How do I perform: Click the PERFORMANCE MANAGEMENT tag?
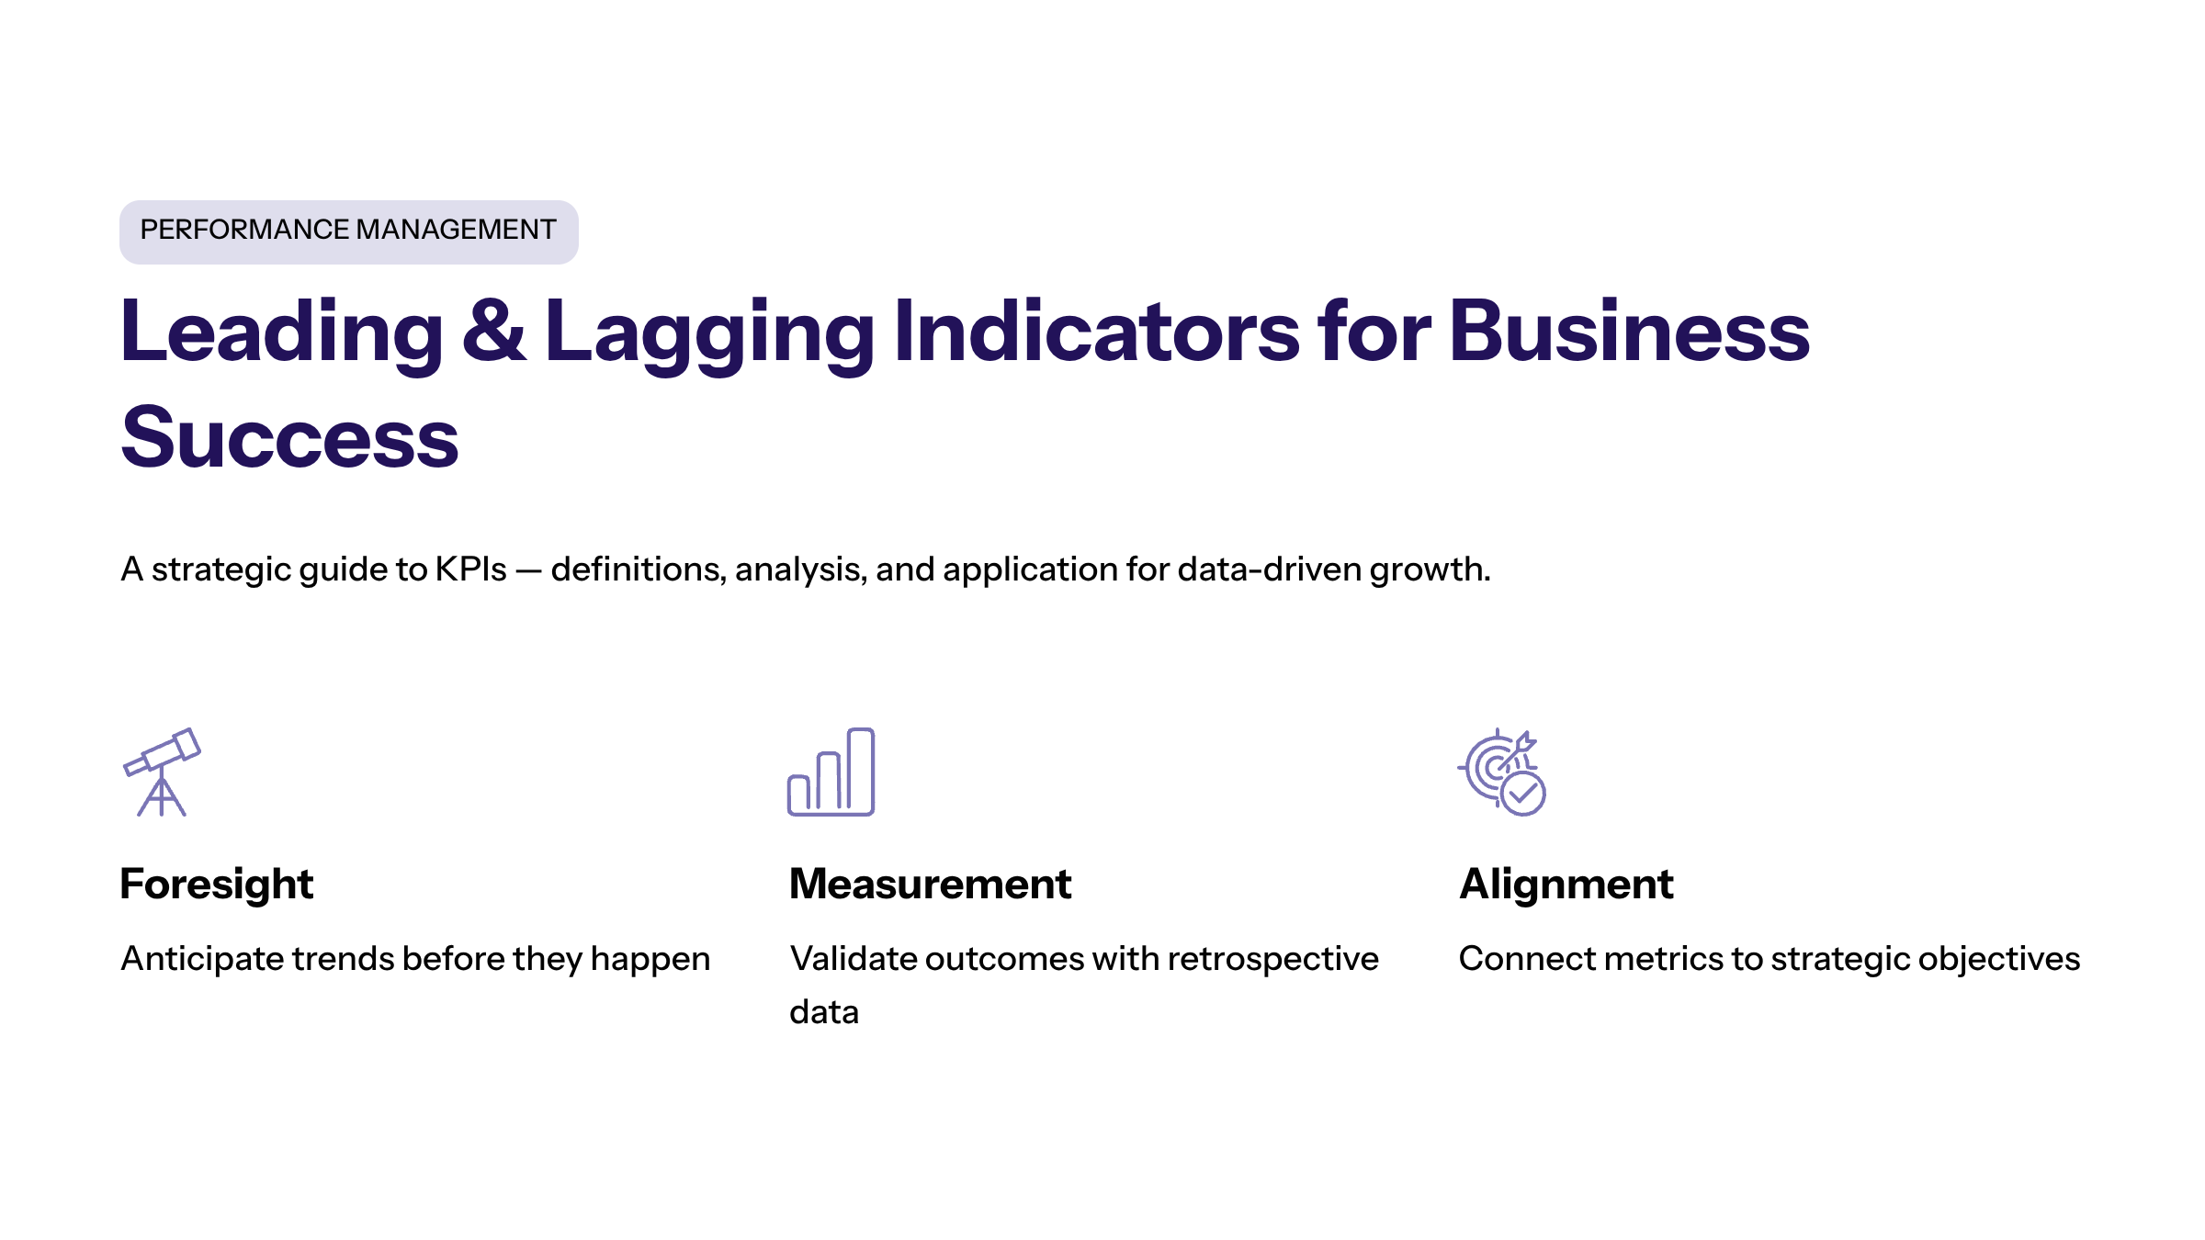(349, 232)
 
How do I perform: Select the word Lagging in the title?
(709, 336)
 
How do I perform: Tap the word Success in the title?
(290, 437)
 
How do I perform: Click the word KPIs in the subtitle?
(470, 569)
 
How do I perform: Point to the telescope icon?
(162, 772)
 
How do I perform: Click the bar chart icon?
(831, 772)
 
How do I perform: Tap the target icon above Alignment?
(1501, 772)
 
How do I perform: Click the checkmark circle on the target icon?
(1523, 794)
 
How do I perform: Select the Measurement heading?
(931, 885)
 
